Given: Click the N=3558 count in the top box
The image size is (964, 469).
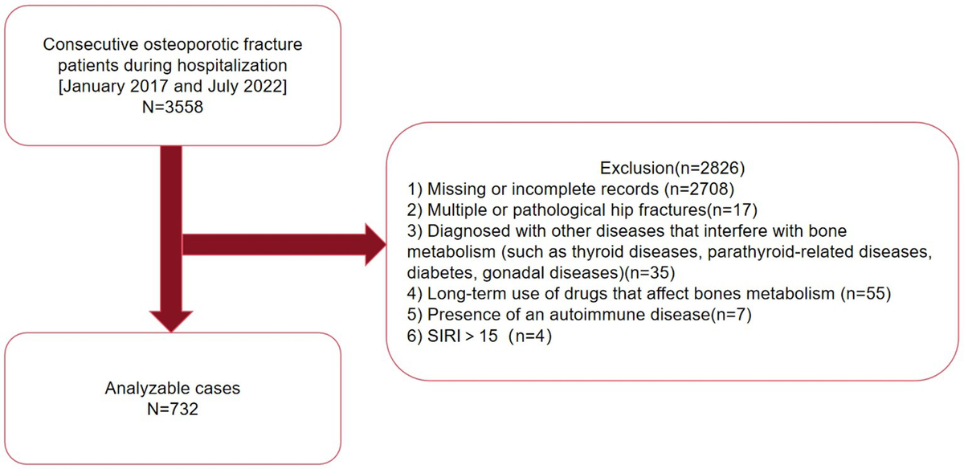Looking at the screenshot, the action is coord(173,107).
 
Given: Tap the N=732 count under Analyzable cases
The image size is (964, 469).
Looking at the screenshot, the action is coord(173,409).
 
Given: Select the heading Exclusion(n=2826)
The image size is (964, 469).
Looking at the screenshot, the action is coord(672,168).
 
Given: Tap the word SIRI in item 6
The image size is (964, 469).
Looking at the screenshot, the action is coord(444,336).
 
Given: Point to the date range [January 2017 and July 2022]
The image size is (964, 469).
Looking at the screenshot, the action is coord(173,86).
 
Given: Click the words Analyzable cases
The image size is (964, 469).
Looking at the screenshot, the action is coord(173,388).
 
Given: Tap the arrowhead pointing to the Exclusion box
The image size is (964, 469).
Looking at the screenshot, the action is coord(376,244).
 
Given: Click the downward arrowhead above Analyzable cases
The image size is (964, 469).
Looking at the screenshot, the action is coord(171,321).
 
